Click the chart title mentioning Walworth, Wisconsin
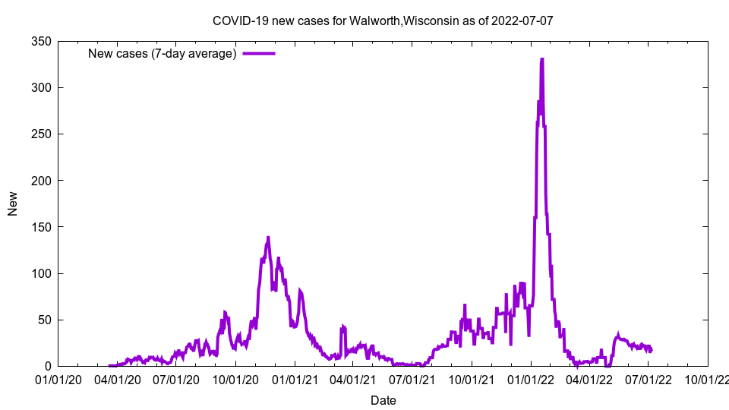383,20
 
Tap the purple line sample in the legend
258,53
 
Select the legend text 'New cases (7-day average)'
162,53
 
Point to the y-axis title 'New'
13,203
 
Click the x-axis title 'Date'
383,400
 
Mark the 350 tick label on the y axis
40,41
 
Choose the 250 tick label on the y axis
40,134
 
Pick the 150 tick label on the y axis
40,226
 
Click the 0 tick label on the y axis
47,366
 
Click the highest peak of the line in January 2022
541,59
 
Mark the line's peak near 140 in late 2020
268,237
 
